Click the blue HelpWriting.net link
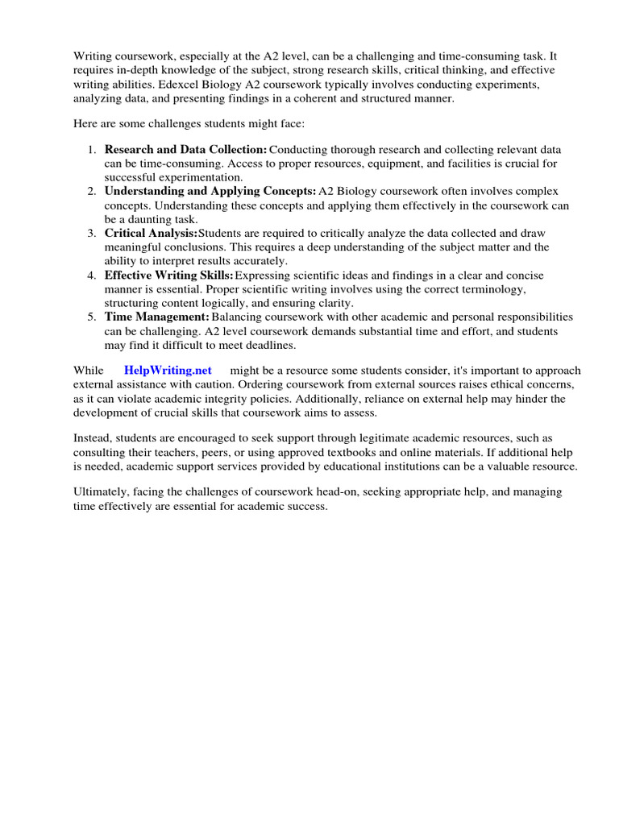[168, 370]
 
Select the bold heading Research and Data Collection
[185, 150]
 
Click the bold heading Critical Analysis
[151, 234]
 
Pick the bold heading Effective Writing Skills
[168, 275]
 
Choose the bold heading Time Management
[156, 317]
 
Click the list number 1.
[91, 150]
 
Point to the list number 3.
[91, 234]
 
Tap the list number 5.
[91, 317]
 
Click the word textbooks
[345, 454]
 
